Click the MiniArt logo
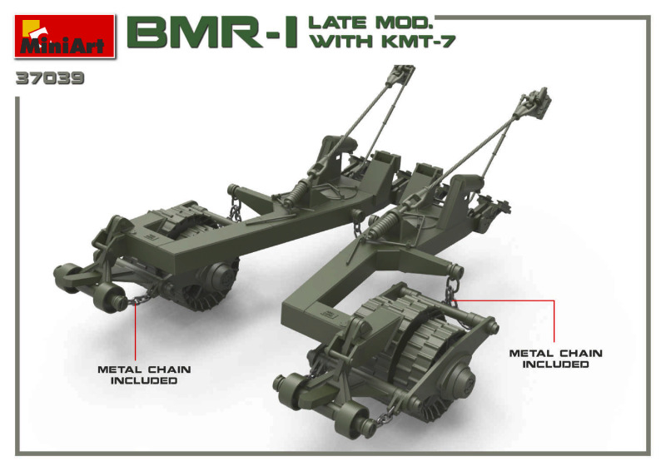[65, 36]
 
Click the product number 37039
[50, 78]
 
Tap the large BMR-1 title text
[212, 32]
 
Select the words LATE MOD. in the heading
[370, 23]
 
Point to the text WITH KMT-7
[383, 42]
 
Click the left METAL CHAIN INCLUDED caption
[144, 375]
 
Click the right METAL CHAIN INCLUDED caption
[555, 359]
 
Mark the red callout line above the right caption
[528, 300]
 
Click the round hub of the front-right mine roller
[461, 378]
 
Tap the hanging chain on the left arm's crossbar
[235, 209]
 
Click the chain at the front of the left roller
[142, 296]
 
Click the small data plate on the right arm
[328, 315]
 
